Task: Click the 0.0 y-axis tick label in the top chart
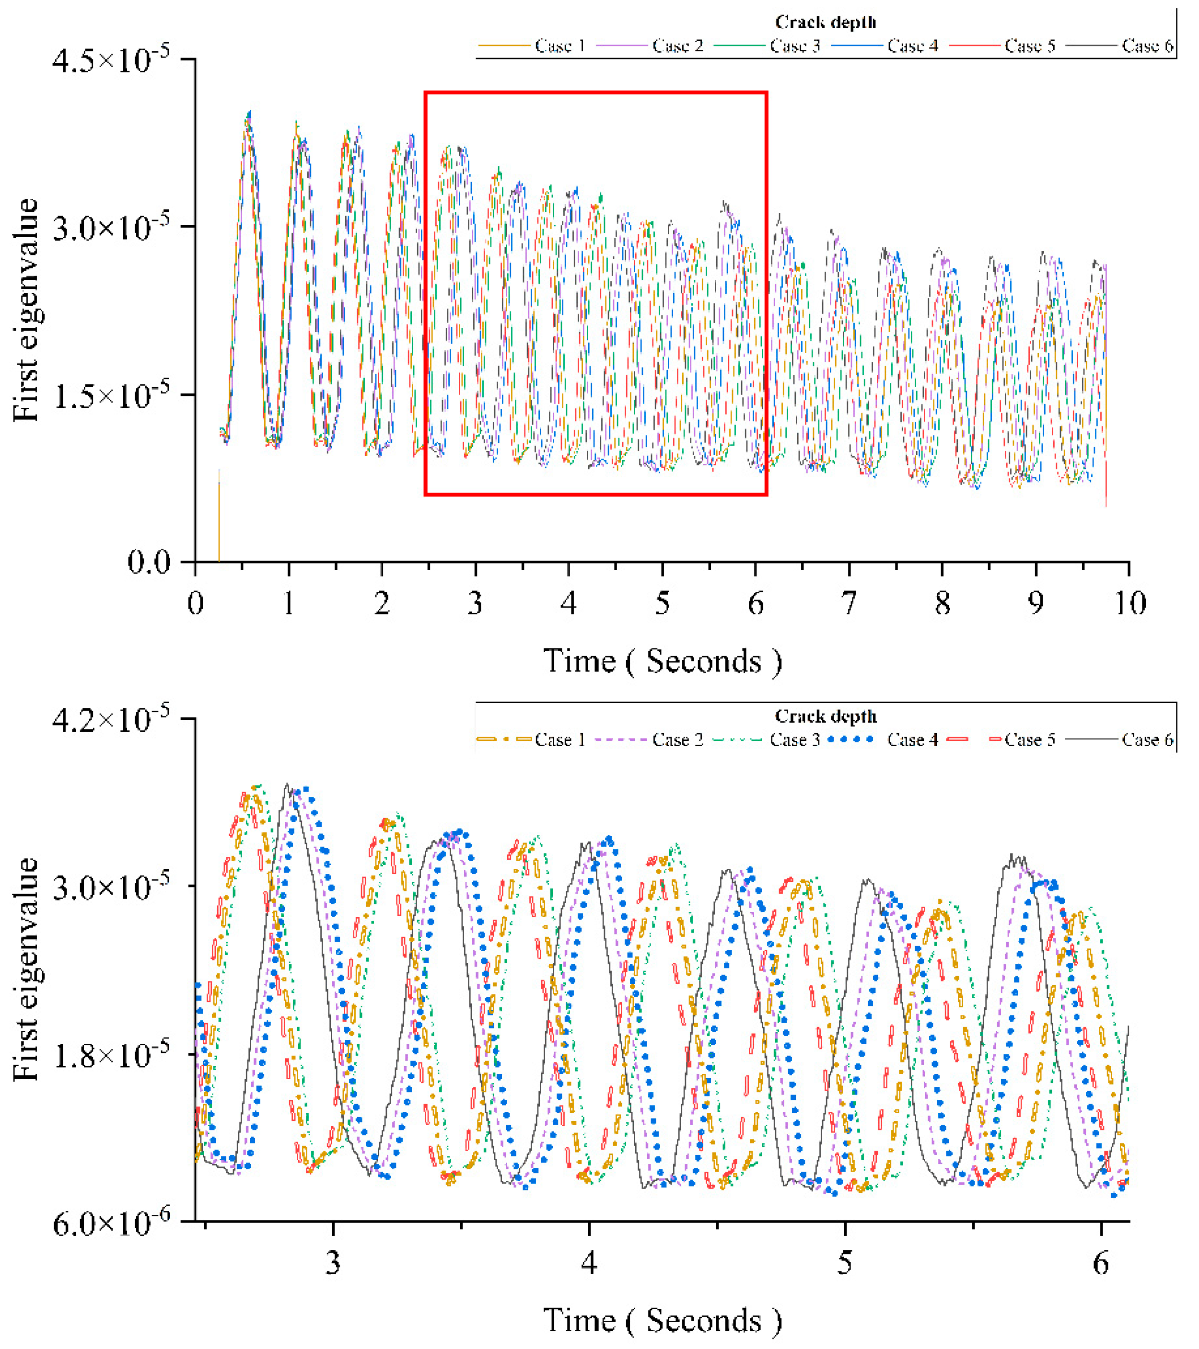[149, 563]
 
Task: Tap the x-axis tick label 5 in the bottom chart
[844, 1263]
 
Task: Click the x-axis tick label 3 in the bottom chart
[333, 1263]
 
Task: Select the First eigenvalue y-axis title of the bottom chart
[26, 969]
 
